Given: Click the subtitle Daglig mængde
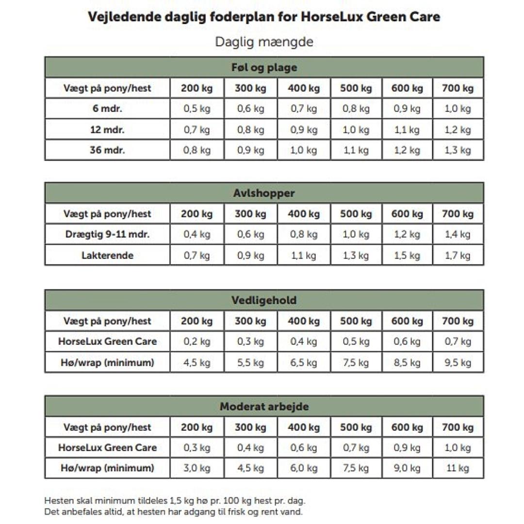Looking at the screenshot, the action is click(264, 42).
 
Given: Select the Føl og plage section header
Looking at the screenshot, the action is click(264, 67).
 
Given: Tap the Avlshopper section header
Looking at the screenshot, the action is click(264, 193).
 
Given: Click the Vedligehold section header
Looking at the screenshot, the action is click(264, 300).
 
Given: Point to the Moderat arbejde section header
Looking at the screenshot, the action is click(264, 407).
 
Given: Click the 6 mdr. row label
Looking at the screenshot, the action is click(107, 108).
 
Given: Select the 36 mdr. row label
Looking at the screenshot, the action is click(107, 150).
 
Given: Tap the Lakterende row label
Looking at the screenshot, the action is click(107, 255).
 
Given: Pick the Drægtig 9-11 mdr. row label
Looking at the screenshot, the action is click(107, 234).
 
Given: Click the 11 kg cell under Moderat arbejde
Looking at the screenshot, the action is click(458, 468).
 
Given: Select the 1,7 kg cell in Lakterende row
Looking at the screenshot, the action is click(458, 255).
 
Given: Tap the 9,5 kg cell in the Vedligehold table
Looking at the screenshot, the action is click(458, 362).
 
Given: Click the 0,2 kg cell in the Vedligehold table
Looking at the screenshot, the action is click(197, 341).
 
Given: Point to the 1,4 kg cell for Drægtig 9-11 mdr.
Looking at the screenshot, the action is click(458, 234).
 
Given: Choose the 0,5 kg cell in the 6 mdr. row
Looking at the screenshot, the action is click(197, 108).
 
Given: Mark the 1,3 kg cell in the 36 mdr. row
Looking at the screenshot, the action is click(458, 150).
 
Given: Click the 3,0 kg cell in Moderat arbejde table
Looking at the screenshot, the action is click(197, 468).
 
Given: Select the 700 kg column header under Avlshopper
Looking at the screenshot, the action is click(458, 213).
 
